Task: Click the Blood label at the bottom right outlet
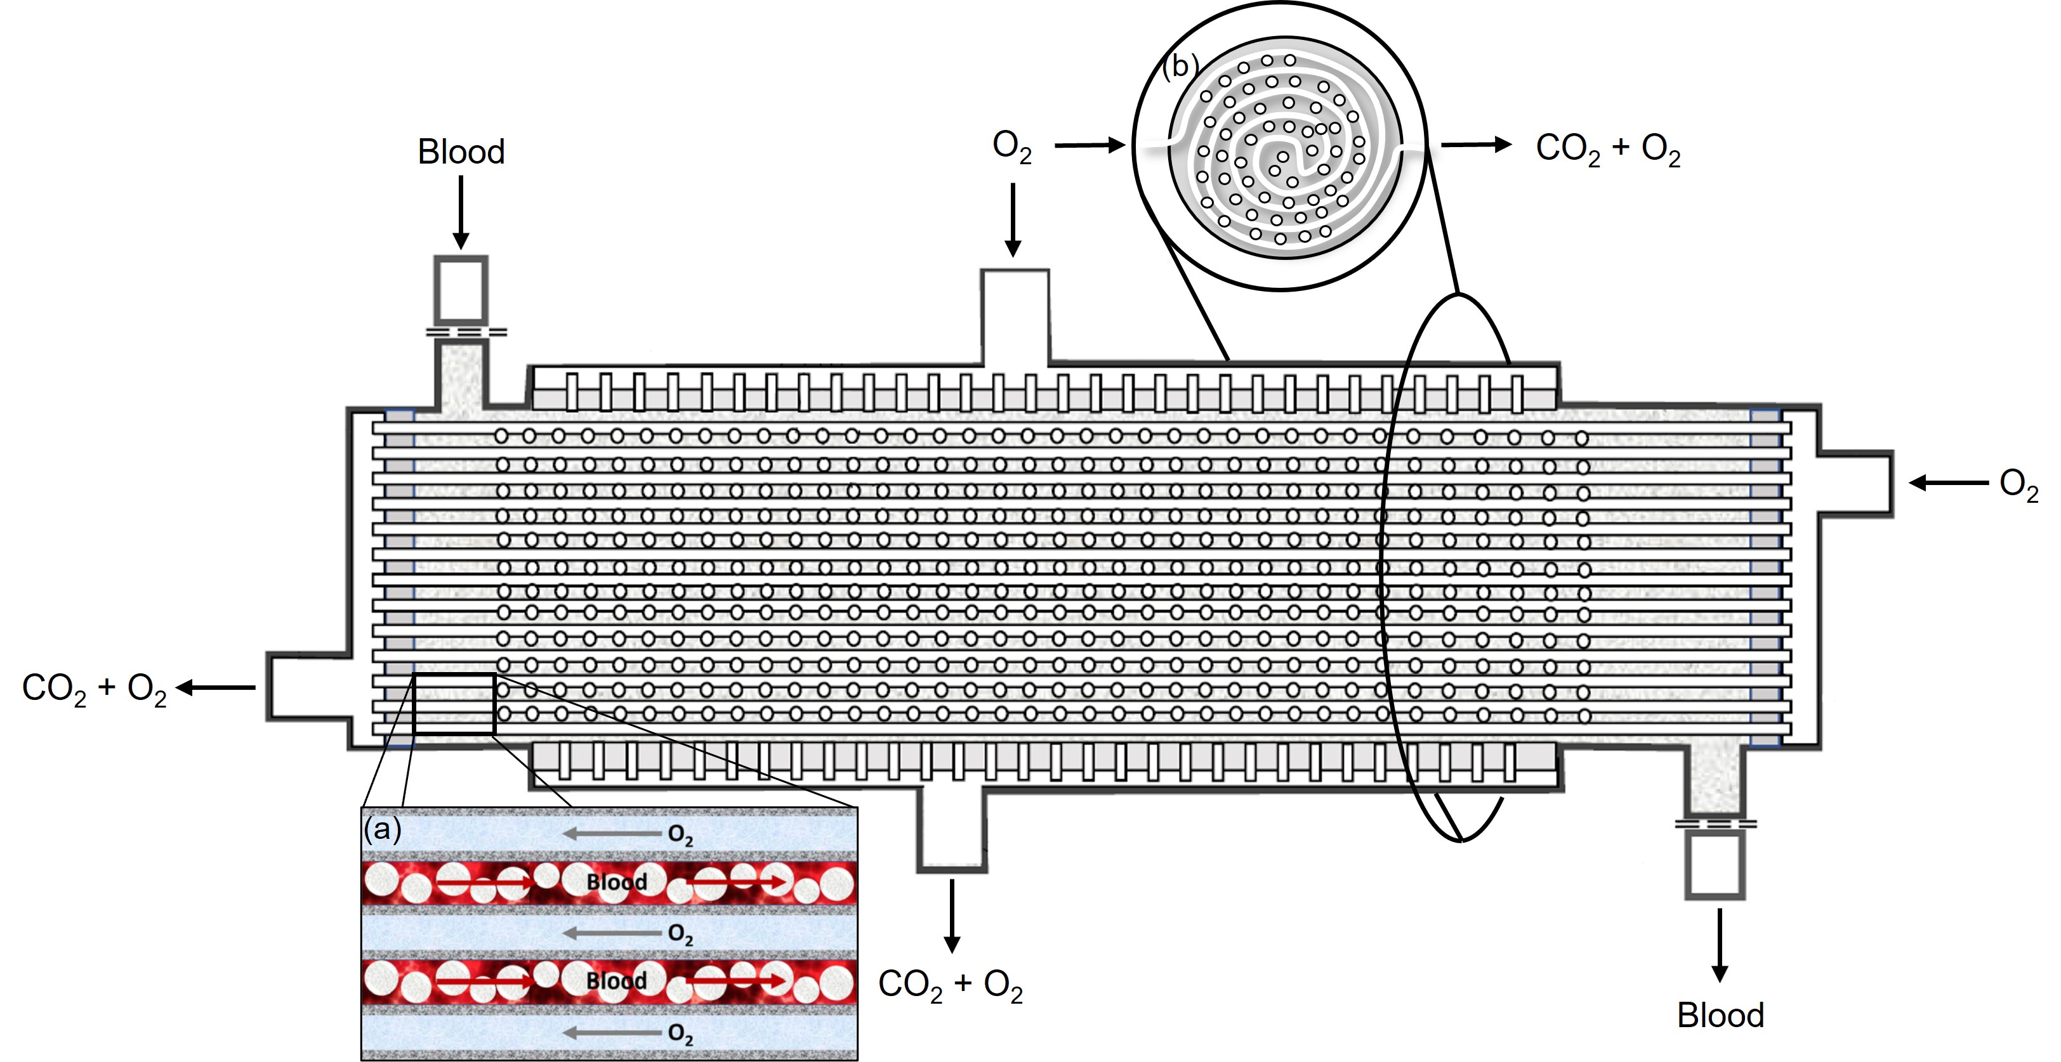1720,1015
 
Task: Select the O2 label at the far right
2018,484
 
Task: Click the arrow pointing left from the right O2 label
1948,482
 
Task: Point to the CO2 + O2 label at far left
95,689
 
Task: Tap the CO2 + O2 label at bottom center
951,985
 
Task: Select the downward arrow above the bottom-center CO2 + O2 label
951,916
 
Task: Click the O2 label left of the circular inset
1012,147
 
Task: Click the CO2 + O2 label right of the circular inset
1608,150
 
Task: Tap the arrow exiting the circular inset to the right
1476,145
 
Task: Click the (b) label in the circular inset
1181,65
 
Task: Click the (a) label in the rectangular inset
383,829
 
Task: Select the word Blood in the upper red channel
616,881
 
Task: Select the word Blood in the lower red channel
616,980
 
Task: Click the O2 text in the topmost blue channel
680,835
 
